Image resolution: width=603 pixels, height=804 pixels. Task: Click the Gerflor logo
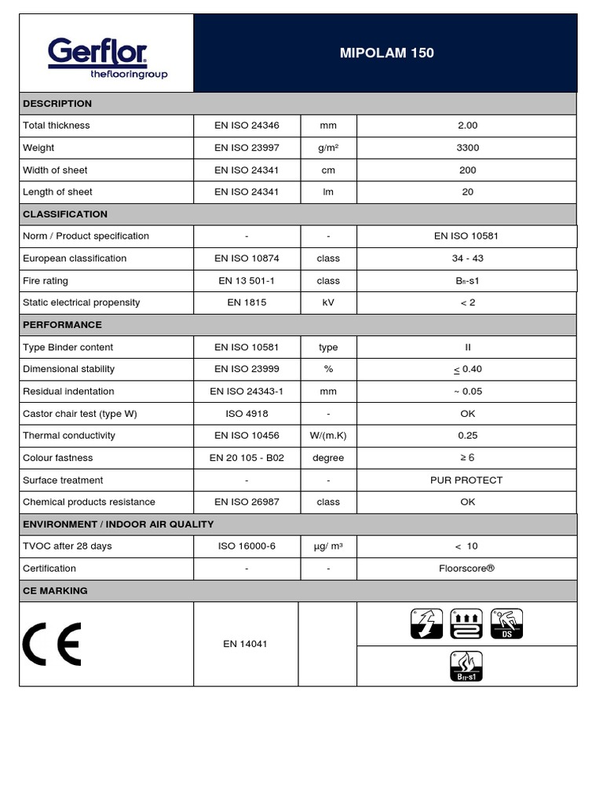pos(107,60)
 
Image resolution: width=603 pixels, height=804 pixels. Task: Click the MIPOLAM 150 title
pos(386,53)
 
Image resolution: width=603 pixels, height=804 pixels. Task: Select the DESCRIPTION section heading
pos(57,104)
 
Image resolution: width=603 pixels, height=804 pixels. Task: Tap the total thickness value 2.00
pos(467,126)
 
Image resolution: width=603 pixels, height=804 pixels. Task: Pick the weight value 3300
pos(467,148)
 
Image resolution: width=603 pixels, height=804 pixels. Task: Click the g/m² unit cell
pos(328,148)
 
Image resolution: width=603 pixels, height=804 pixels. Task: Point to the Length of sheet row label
pos(57,192)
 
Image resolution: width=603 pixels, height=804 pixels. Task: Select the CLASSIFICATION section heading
pos(65,214)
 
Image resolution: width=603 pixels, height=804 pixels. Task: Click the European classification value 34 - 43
pos(467,258)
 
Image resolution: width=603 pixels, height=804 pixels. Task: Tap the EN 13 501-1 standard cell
pos(247,281)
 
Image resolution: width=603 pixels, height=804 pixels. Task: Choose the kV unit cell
pos(328,303)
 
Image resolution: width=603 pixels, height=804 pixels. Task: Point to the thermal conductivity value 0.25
pos(467,436)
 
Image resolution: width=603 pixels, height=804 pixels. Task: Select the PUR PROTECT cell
pos(466,481)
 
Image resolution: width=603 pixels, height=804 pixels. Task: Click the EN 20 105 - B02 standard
pos(247,458)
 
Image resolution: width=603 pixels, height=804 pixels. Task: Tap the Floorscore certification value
pos(467,568)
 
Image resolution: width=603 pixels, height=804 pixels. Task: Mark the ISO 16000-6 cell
pos(247,546)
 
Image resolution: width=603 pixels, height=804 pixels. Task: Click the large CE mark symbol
pos(52,645)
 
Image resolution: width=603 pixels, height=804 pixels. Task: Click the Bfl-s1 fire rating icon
pos(466,667)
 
